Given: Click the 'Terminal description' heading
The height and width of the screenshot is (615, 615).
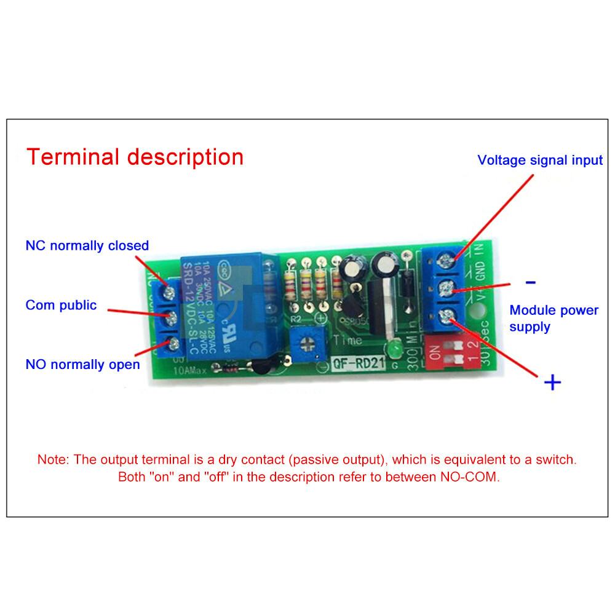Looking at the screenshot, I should click(x=135, y=157).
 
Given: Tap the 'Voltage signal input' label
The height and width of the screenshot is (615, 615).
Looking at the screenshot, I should click(x=540, y=161).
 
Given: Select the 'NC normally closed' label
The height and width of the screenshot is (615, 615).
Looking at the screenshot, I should click(x=87, y=245).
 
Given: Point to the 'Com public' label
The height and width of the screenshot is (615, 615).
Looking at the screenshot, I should click(x=61, y=305).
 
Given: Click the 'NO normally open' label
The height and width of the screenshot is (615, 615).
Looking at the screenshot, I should click(x=82, y=365).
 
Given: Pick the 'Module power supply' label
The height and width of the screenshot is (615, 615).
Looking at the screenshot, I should click(x=553, y=319).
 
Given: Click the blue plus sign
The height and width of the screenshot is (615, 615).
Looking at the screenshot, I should click(x=553, y=383).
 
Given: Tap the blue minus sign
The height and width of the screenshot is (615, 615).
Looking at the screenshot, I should click(x=530, y=283).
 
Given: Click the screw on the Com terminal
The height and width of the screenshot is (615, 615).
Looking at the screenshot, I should click(x=172, y=318).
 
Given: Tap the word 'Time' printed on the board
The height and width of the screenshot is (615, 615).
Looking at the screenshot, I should click(x=348, y=340).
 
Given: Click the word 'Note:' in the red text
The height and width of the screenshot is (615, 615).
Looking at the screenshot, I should click(x=54, y=459).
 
